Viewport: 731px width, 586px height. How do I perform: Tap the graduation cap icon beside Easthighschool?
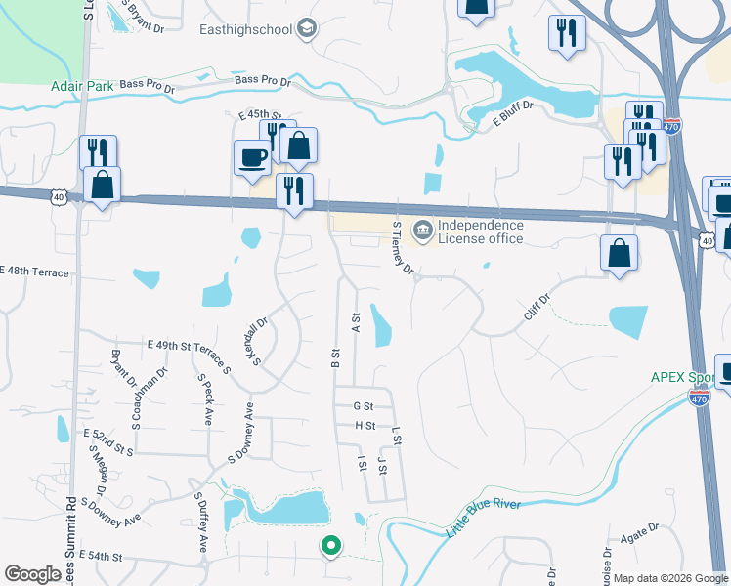point(307,28)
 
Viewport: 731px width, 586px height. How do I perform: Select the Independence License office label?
point(480,231)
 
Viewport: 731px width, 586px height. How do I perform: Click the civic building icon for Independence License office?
point(422,231)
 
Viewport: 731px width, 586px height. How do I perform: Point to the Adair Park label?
point(83,86)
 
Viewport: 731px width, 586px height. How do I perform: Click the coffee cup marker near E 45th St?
point(252,157)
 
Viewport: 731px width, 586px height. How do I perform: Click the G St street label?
point(364,405)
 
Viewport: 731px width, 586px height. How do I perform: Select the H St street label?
point(365,426)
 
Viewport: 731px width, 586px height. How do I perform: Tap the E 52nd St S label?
point(108,440)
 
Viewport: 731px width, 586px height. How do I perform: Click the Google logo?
point(33,574)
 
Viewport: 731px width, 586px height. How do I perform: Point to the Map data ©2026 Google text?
point(670,578)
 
